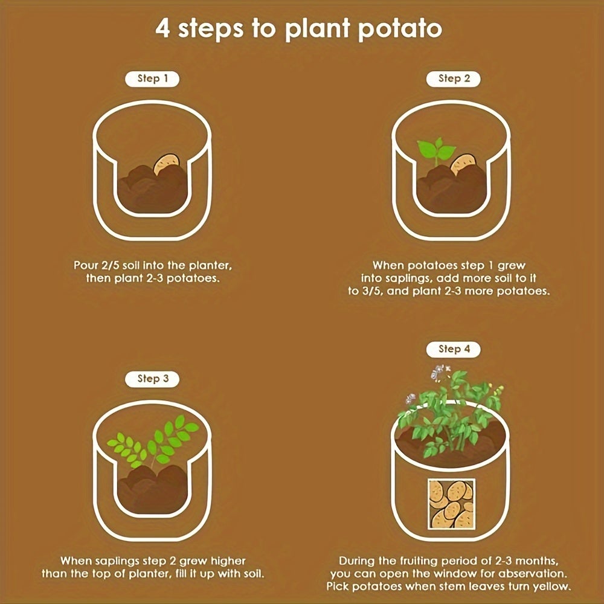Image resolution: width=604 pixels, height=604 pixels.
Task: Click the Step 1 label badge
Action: coord(152,79)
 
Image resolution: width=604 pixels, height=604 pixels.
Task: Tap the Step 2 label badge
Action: coord(454,79)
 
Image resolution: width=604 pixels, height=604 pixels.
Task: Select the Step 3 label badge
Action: coord(152,379)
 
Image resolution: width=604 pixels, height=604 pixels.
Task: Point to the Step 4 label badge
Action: coord(454,349)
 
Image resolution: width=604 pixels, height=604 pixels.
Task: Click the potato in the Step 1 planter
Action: coord(167,164)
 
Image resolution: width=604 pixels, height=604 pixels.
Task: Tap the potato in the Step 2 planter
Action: coord(464,164)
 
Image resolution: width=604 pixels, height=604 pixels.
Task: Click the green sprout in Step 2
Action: coord(437,150)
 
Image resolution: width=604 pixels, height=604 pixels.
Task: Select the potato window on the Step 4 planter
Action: coord(451,504)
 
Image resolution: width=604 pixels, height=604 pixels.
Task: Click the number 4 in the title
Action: coord(162,28)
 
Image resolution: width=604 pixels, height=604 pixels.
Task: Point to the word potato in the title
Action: coord(400,29)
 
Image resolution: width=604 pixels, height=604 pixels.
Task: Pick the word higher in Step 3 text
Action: coord(228,561)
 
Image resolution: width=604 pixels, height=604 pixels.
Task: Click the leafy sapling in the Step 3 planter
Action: coord(153,441)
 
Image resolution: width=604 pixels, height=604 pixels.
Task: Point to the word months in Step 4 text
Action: coord(536,561)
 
